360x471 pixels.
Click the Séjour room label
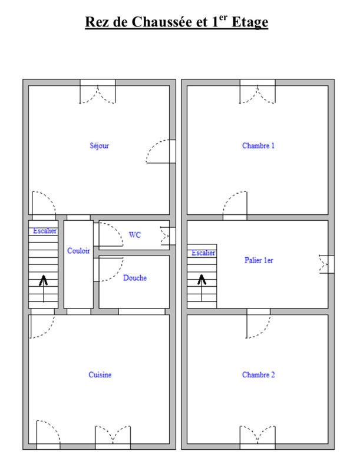(x=99, y=145)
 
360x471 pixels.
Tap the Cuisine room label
(x=100, y=375)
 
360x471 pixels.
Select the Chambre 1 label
(x=258, y=145)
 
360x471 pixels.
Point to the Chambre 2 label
(x=258, y=375)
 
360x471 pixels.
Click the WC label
(x=135, y=235)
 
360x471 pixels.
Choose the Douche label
(x=135, y=278)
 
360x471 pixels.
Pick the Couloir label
(x=78, y=251)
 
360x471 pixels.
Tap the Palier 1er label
(x=259, y=260)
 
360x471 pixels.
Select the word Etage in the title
(x=250, y=23)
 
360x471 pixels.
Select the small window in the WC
(x=165, y=235)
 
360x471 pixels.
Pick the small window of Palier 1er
(x=325, y=264)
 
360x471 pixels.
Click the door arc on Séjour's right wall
(x=159, y=151)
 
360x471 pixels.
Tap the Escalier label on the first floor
(x=203, y=253)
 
